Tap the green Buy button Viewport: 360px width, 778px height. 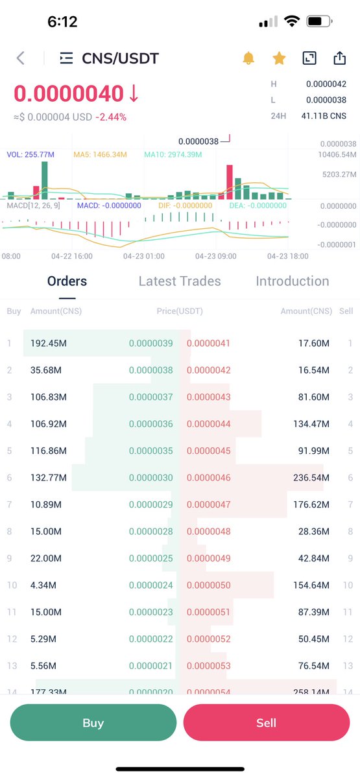click(x=93, y=722)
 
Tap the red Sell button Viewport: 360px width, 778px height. click(x=266, y=722)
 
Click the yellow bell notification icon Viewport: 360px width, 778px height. click(x=248, y=58)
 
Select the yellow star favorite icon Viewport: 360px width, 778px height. click(x=279, y=58)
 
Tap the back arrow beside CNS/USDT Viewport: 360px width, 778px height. click(x=21, y=58)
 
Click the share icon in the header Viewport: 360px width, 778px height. click(x=339, y=58)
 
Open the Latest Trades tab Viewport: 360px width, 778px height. click(x=180, y=281)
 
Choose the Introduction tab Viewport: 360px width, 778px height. click(x=292, y=281)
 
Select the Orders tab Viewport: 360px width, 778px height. click(x=67, y=281)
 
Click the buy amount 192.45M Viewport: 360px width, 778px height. click(x=49, y=343)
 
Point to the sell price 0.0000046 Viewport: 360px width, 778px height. click(x=208, y=478)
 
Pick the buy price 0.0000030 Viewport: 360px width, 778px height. click(x=151, y=478)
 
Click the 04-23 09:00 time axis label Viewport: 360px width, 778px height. click(x=215, y=256)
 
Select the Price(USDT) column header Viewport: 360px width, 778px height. click(x=180, y=311)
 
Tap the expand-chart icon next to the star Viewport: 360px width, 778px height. click(x=309, y=58)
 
